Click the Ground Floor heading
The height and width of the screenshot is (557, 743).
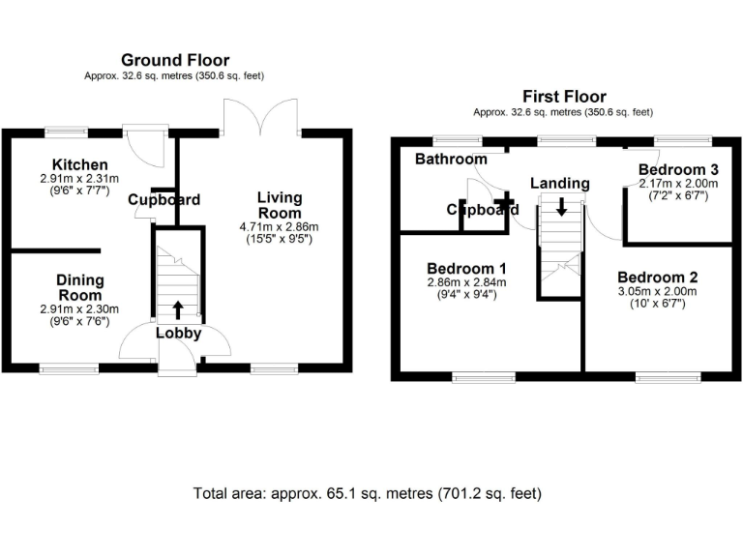tap(175, 61)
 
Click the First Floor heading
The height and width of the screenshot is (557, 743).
tap(564, 97)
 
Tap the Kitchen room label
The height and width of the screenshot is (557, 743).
tap(80, 165)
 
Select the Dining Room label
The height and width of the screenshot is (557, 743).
tap(80, 287)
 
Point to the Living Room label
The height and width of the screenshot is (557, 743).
tap(280, 205)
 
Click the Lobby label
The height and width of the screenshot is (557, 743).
tap(179, 334)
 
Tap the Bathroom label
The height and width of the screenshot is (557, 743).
tap(451, 160)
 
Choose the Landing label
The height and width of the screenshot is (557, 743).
tap(559, 183)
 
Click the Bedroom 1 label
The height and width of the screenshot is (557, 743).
tap(467, 269)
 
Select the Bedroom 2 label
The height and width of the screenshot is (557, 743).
tap(658, 278)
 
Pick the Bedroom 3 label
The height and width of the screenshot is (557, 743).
tap(678, 170)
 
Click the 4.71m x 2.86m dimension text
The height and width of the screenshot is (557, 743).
tap(280, 226)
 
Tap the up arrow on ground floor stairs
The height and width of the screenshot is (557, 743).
tap(178, 309)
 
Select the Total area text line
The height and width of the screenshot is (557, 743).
tap(368, 493)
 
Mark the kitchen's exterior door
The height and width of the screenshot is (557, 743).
tap(146, 145)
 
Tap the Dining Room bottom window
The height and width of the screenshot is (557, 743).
tap(69, 366)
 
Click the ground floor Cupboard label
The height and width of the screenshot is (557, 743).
tap(163, 200)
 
